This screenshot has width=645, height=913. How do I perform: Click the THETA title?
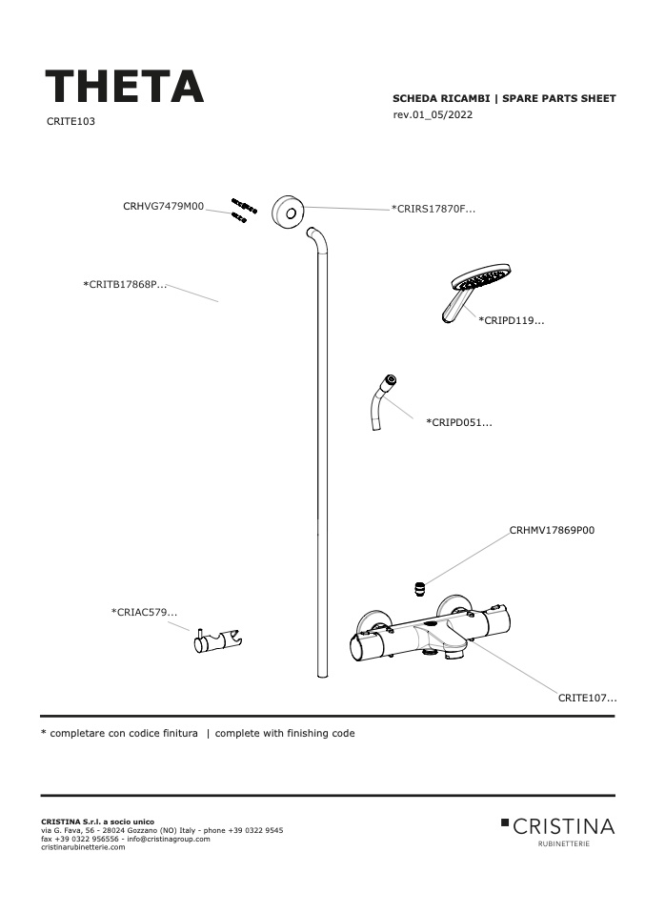click(x=124, y=86)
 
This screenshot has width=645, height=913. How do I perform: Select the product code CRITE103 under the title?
click(x=71, y=121)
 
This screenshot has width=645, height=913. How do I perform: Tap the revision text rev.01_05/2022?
click(x=433, y=114)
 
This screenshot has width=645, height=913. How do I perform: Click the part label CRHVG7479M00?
click(x=164, y=206)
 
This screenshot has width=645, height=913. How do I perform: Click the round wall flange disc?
click(x=288, y=211)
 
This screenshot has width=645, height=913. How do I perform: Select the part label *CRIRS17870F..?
click(x=433, y=209)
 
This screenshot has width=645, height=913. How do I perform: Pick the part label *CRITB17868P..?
click(x=125, y=285)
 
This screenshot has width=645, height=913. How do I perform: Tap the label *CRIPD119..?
click(x=511, y=320)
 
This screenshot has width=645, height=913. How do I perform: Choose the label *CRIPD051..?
click(x=458, y=423)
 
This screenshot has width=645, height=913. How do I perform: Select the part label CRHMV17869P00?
click(x=552, y=531)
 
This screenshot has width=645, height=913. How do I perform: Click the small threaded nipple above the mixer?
click(x=418, y=588)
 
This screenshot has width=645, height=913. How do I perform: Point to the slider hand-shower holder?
click(x=218, y=640)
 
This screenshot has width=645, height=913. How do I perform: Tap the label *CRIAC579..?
click(x=144, y=613)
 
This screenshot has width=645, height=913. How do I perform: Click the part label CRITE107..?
click(x=588, y=699)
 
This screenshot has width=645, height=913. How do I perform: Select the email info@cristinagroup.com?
click(x=169, y=839)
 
